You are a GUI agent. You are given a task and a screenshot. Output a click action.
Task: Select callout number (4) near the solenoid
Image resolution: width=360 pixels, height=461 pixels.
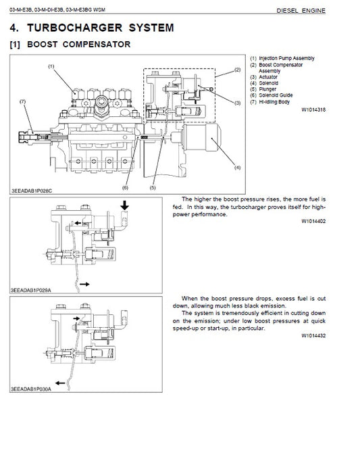237,166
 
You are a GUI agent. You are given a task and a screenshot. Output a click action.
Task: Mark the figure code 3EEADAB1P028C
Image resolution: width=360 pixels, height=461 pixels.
31,191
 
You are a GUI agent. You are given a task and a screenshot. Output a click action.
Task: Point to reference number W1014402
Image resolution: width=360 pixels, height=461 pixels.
314,220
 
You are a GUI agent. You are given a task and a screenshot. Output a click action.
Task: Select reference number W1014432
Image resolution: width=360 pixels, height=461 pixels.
314,335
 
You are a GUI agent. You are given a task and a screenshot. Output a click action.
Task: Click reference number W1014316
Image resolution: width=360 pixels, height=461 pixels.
314,108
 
